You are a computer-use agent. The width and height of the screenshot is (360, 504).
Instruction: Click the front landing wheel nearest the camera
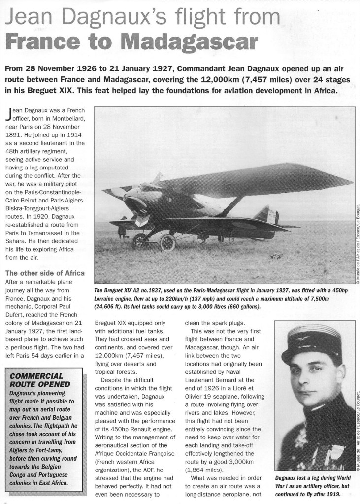167,242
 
